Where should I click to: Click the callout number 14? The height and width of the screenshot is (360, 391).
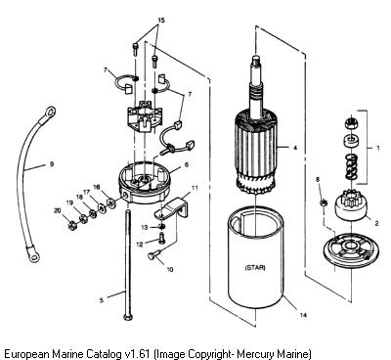pos(303,315)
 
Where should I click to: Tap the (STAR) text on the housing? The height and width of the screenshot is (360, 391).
pos(255,268)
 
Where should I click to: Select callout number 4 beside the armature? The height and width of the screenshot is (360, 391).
pos(295,148)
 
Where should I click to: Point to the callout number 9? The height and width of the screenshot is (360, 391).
pos(52,164)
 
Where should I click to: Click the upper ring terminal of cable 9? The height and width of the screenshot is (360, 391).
pos(49,112)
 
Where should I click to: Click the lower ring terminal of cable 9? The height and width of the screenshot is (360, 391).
pos(33,256)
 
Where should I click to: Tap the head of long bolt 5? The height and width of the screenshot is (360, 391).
pos(127,317)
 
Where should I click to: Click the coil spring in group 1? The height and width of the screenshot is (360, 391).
pos(351,166)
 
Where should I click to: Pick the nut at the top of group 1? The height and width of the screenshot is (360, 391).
pos(350,123)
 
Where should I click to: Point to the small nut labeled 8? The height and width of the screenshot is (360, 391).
pos(324,202)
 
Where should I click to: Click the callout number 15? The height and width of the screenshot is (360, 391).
pos(161,21)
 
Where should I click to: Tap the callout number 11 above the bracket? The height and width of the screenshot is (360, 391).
pos(195,188)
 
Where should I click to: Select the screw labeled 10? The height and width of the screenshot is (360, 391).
pos(154,254)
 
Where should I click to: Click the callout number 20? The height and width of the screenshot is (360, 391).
pos(58,211)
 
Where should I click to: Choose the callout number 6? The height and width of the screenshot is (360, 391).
pos(187,165)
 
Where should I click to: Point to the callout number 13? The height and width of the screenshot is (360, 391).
pos(145,227)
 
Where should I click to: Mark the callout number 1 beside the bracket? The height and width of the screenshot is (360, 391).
pos(378,148)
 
